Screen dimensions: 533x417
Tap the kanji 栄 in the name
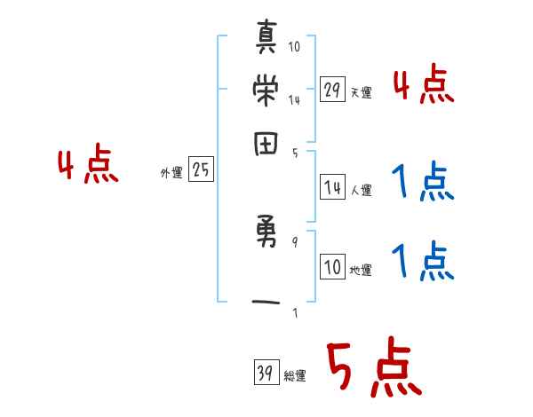coord(266,90)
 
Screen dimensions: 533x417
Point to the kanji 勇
coord(266,239)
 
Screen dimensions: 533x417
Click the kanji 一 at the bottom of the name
coord(266,303)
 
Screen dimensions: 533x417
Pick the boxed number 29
coord(332,90)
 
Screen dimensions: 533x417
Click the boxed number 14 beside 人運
coord(332,187)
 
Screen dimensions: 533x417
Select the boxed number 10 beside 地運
coord(332,268)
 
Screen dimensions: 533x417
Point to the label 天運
coord(361,92)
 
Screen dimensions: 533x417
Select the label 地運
coord(361,271)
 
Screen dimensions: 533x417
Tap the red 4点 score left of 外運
coord(87,166)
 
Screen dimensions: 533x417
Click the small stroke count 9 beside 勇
coord(294,241)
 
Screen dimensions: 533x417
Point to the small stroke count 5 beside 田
coord(294,153)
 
